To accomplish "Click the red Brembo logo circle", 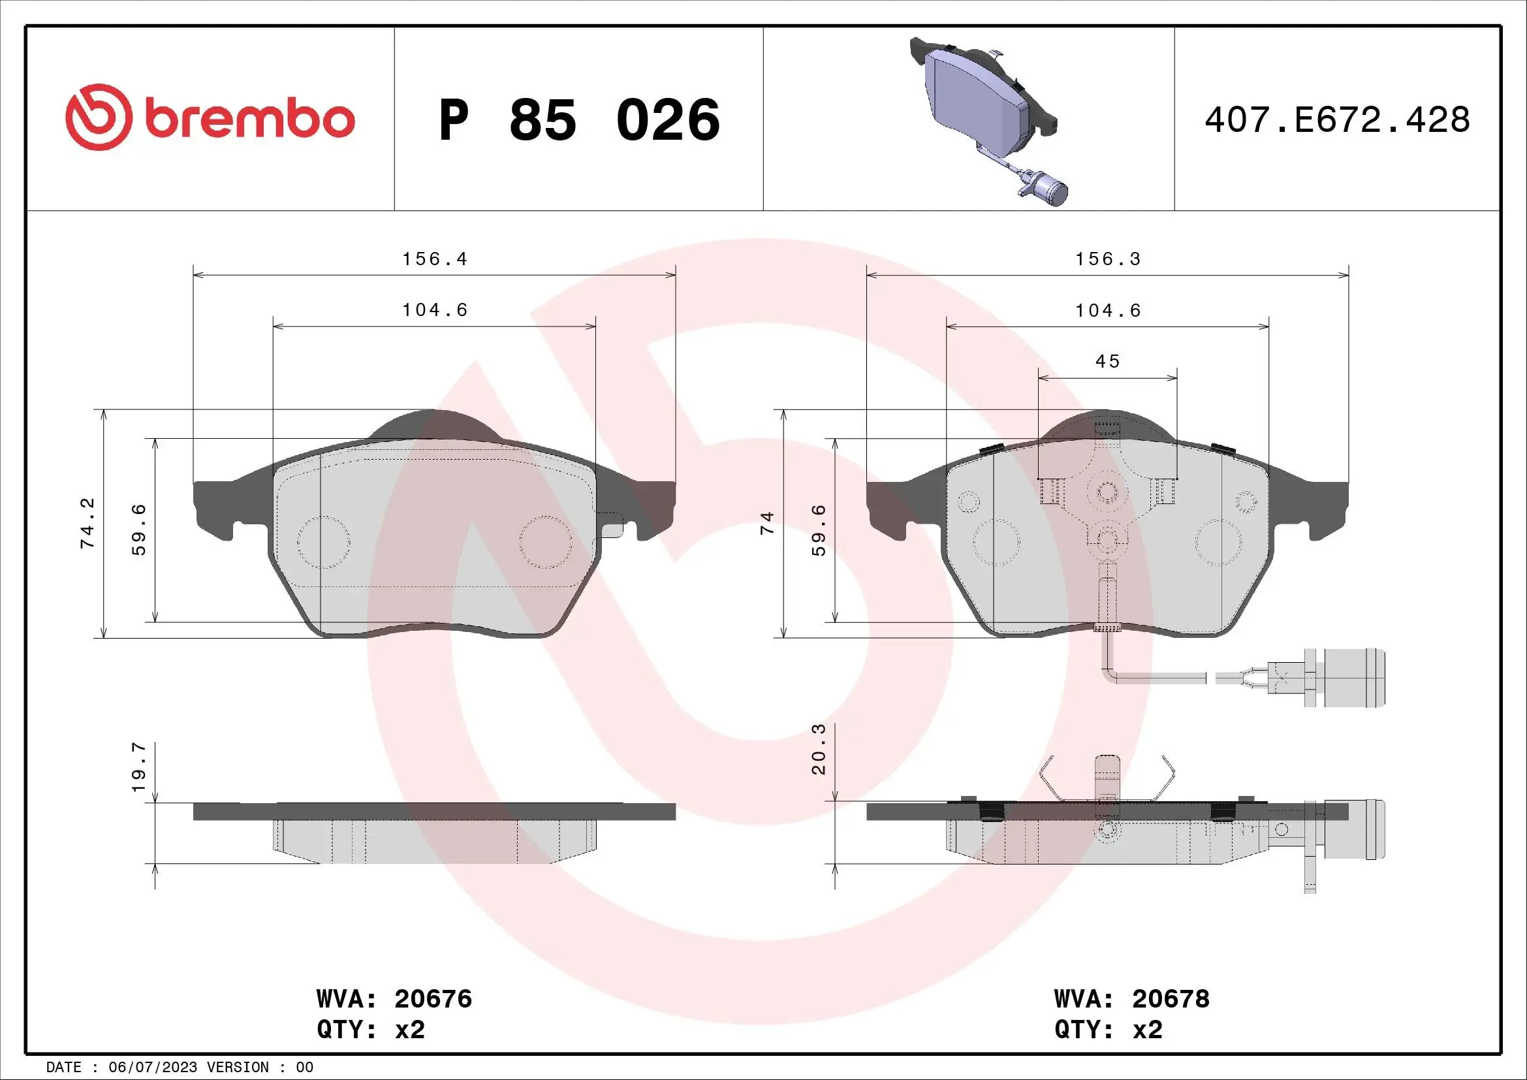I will (x=97, y=117).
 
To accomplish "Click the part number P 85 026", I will (x=579, y=120).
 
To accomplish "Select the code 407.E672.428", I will (x=1337, y=120).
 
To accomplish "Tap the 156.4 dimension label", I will (x=435, y=259).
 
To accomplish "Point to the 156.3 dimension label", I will (x=1108, y=259).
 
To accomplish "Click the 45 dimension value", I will (x=1108, y=361).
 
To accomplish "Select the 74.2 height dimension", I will (x=87, y=524).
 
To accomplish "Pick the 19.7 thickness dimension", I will (x=139, y=767).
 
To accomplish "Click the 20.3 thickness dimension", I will (x=819, y=749).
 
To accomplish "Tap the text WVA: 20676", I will (x=394, y=999).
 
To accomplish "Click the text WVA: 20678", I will (x=1132, y=999).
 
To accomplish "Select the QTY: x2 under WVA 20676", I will (x=370, y=1030).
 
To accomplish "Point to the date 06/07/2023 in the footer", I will (x=153, y=1068).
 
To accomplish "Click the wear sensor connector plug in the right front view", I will (x=1353, y=678).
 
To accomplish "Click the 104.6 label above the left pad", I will (x=435, y=310).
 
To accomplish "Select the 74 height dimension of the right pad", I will (x=768, y=523).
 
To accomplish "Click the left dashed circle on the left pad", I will (x=323, y=542).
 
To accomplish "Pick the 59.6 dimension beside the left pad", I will (x=139, y=530).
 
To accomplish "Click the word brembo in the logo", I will (x=249, y=119).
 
